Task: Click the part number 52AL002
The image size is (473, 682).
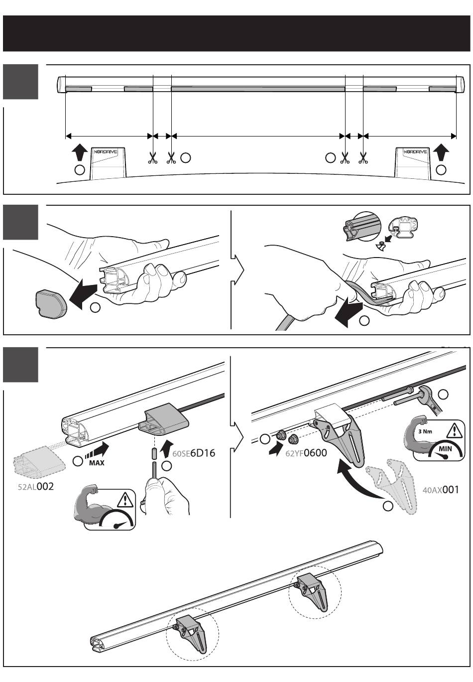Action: tap(35, 487)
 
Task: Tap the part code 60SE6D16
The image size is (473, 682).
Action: tap(194, 454)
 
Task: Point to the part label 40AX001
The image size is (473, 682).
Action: tap(441, 490)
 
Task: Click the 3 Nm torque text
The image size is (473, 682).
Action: tap(425, 431)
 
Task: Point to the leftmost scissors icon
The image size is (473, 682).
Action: tap(153, 158)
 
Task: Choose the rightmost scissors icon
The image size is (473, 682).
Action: tap(363, 158)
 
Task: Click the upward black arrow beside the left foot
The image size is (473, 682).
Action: tap(79, 151)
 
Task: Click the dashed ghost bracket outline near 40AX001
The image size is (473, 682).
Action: tap(393, 486)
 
